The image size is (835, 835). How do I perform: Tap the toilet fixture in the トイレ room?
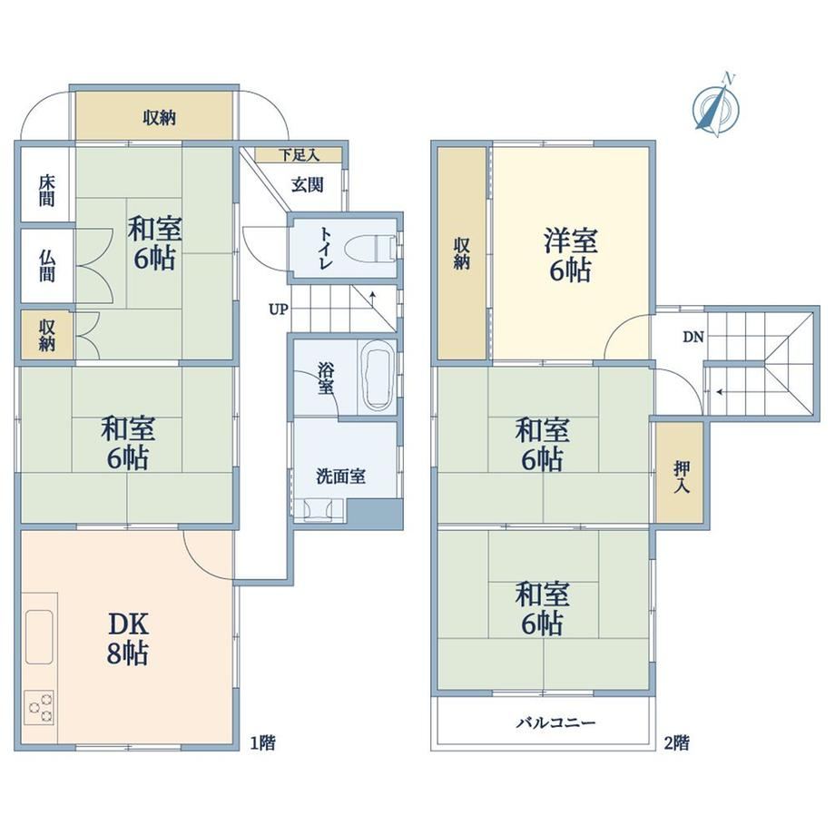coord(370,248)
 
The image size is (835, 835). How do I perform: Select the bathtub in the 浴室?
coord(378,376)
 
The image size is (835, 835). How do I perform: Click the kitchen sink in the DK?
coord(39,636)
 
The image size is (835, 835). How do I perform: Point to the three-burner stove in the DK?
coord(39,707)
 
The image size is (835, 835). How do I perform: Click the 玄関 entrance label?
coord(308,185)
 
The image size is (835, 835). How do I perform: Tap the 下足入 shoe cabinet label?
coord(299,155)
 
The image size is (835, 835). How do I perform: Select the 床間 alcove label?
coord(46,191)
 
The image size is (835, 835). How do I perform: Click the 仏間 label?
coord(46,265)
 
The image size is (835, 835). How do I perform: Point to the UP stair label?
coord(278,309)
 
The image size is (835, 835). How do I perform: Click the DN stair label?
coord(693,337)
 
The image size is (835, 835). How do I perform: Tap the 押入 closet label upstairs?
coord(682,476)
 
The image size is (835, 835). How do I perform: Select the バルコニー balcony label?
coord(555,722)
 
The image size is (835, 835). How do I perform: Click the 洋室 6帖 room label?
coord(570,255)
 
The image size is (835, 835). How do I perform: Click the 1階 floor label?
coord(263,742)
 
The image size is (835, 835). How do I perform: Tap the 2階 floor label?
coord(677,742)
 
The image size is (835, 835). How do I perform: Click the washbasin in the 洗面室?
coord(319,510)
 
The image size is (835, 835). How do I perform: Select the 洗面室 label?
coord(341,476)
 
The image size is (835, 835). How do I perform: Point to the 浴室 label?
coord(325,378)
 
